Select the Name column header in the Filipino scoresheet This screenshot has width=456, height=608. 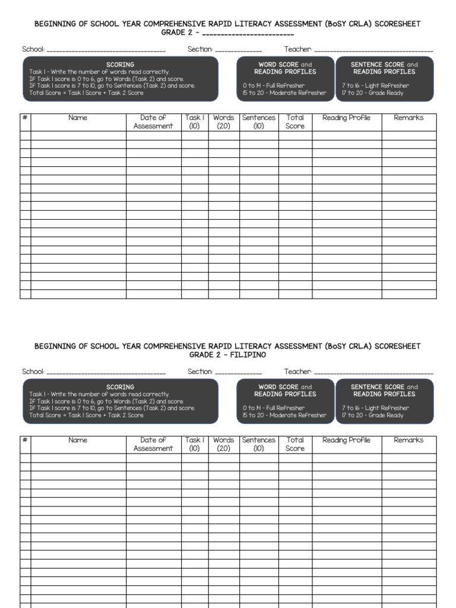(x=78, y=441)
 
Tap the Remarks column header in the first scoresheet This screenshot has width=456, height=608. (x=408, y=118)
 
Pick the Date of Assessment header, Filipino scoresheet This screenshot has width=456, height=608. (x=153, y=444)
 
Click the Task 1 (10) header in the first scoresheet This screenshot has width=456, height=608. (x=195, y=122)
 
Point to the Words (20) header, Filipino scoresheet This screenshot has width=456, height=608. (x=224, y=444)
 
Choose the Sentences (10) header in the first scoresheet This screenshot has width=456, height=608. (x=259, y=122)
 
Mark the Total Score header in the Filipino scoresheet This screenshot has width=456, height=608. (x=295, y=444)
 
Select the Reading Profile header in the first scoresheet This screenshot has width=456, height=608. (x=346, y=118)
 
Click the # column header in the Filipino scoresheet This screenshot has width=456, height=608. (x=25, y=441)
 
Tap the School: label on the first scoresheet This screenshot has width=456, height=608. (x=33, y=49)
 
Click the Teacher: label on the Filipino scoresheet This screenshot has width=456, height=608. (x=298, y=372)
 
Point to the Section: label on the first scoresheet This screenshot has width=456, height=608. (x=200, y=49)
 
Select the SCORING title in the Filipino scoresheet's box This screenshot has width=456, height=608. (x=120, y=387)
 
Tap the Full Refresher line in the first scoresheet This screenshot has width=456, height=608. (x=274, y=86)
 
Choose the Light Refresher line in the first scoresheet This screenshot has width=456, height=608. (x=376, y=86)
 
